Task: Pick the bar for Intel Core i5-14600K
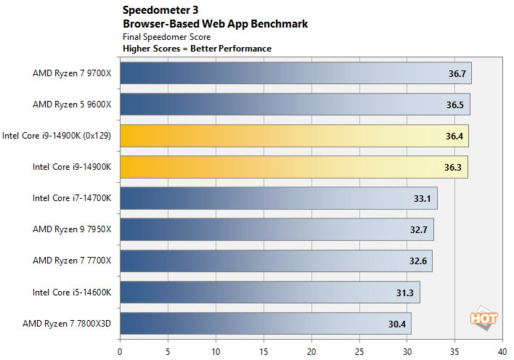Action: point(269,292)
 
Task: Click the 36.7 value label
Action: point(457,73)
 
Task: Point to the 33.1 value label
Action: point(422,198)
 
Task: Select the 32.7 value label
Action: point(418,229)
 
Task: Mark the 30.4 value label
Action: point(396,324)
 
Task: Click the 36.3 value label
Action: point(453,167)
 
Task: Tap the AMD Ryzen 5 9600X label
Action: point(72,105)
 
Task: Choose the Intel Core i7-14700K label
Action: point(72,198)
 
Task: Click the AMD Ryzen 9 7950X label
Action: point(72,229)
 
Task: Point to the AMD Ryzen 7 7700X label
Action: point(72,261)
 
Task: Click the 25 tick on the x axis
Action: point(359,349)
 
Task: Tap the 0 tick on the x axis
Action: point(120,349)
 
